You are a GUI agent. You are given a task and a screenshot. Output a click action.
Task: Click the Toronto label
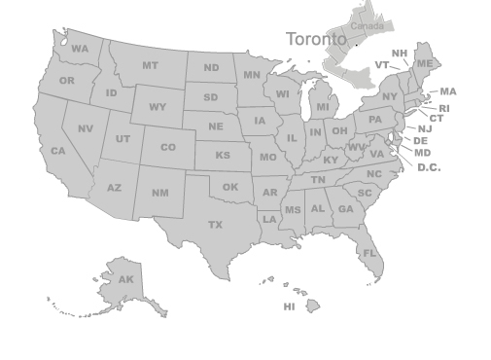coord(315,39)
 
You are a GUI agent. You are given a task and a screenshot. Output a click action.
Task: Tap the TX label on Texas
coord(215,225)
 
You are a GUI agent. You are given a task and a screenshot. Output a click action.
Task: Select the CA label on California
coord(57,152)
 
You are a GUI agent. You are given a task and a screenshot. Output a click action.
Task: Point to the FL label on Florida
coord(369,253)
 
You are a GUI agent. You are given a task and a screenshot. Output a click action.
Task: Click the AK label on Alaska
coord(125,280)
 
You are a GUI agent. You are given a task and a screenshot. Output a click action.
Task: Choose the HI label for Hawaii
coord(289,307)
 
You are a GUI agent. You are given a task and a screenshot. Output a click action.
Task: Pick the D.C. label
coord(429,167)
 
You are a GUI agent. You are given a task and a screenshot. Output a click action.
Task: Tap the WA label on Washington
coord(79,49)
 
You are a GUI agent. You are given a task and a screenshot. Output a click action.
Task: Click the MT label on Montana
coord(150,66)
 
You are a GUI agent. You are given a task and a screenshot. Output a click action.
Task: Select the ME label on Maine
coord(424,64)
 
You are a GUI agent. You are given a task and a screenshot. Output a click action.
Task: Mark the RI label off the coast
coord(444,109)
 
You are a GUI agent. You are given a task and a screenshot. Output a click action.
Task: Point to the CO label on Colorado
coord(168,148)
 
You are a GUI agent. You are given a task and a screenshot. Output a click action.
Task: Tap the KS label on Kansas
coord(223,156)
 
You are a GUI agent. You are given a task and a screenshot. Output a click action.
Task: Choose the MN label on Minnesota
coord(252,75)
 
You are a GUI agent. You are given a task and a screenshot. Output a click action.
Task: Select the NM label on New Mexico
coord(159,193)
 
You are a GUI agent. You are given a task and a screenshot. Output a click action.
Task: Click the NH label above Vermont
coord(400,54)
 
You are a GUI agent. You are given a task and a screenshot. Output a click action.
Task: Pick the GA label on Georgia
coord(345,209)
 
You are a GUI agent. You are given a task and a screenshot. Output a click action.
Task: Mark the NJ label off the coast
coord(425,128)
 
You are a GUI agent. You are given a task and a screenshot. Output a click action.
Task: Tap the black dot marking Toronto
coord(356,44)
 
